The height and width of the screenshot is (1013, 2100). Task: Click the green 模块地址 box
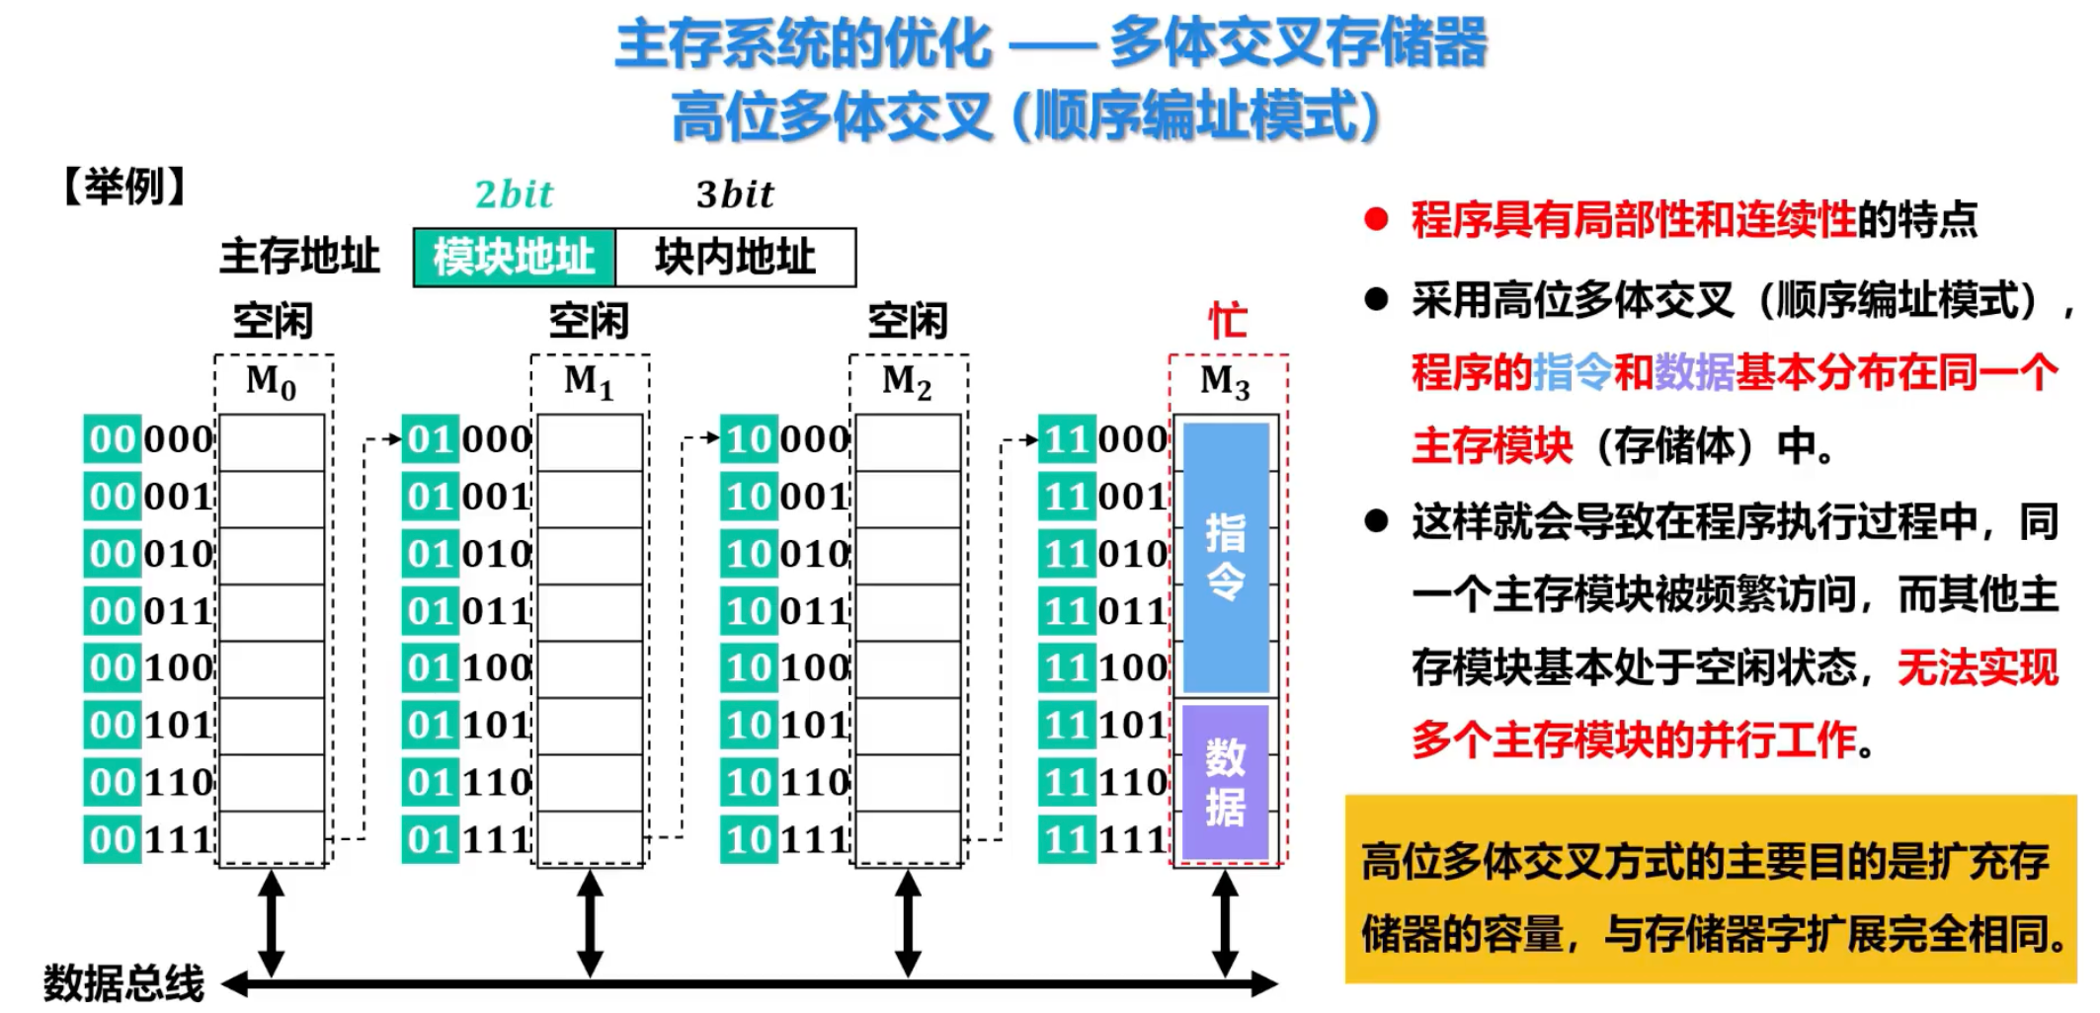click(x=514, y=258)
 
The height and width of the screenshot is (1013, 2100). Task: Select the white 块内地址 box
click(x=735, y=258)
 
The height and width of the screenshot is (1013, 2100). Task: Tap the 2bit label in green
click(x=514, y=195)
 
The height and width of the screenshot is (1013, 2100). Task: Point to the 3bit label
click(x=735, y=195)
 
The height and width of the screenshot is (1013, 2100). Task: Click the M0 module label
click(x=272, y=381)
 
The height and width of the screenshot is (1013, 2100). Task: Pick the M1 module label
click(x=590, y=381)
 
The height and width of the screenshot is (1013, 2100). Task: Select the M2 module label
click(x=908, y=381)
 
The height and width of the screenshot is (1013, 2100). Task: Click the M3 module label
click(x=1226, y=381)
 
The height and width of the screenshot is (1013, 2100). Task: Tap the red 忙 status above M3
click(x=1228, y=321)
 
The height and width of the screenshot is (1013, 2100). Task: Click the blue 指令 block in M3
click(x=1226, y=557)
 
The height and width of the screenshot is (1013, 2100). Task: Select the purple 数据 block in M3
click(x=1226, y=782)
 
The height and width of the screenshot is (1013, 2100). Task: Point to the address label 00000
click(x=149, y=439)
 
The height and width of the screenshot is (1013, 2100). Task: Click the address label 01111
click(x=467, y=840)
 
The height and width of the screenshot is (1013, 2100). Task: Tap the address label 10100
click(x=785, y=668)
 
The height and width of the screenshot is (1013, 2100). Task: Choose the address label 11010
click(x=1103, y=554)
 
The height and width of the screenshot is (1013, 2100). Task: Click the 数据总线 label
click(x=123, y=983)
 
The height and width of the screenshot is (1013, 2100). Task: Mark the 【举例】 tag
click(x=124, y=187)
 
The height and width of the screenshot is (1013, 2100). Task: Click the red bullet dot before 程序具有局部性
click(x=1376, y=219)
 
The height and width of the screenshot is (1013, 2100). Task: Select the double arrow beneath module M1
click(x=590, y=923)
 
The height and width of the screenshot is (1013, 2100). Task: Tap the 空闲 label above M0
click(x=273, y=321)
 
